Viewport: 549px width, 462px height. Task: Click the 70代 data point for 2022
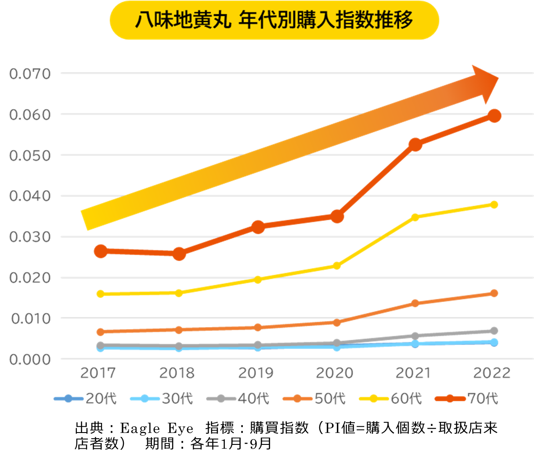tap(495, 116)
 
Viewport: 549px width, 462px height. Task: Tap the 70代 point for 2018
tap(179, 254)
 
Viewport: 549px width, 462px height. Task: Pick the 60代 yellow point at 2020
tap(337, 266)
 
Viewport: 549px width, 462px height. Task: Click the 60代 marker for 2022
tap(494, 204)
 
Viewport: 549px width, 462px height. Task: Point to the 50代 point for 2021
tap(415, 303)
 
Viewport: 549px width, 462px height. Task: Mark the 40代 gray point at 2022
tap(494, 331)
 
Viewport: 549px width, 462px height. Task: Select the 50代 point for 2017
tap(101, 332)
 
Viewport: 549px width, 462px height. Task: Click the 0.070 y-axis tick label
tap(30, 74)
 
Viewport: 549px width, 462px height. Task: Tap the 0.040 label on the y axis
tap(30, 196)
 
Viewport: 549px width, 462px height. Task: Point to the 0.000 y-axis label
tap(30, 360)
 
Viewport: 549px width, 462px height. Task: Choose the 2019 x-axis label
tap(256, 373)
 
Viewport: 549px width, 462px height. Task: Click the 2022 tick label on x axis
tap(492, 373)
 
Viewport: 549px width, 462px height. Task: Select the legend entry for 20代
tap(85, 399)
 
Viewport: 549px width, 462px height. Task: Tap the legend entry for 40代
tap(238, 399)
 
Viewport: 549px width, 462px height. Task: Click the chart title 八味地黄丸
tap(183, 20)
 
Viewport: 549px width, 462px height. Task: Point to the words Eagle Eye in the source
tap(157, 428)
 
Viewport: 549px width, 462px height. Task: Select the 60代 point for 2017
tap(101, 294)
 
